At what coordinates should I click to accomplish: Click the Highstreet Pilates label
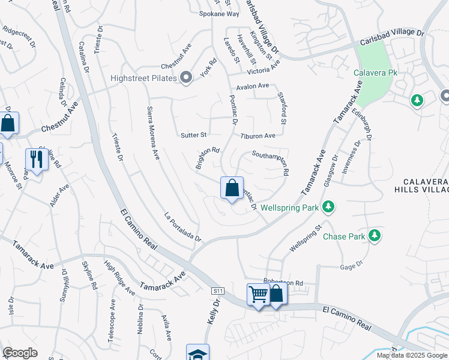coord(143,78)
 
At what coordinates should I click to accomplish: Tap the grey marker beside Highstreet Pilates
coord(186,77)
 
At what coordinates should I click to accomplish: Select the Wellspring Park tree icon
coord(328,208)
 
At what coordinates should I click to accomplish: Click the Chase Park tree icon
coord(375,236)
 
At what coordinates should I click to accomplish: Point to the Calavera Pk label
coord(376,73)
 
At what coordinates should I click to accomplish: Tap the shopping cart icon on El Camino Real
coord(258,295)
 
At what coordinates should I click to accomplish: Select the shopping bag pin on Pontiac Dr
coord(232,188)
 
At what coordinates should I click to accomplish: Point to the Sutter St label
coord(193,135)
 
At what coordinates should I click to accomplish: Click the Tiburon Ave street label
coord(258,136)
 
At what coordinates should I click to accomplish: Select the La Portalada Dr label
coord(182,226)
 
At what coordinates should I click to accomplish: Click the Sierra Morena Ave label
coord(153,133)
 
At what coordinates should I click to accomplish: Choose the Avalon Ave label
coord(253,86)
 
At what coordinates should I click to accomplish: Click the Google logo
coord(20,352)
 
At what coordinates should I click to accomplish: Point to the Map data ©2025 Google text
coord(411,355)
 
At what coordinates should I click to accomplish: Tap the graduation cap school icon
coord(197,353)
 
